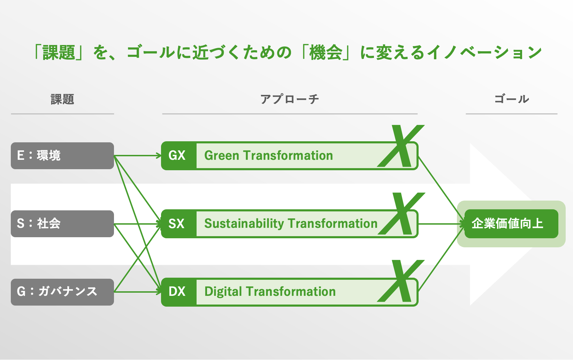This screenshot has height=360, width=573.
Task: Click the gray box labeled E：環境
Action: (x=62, y=156)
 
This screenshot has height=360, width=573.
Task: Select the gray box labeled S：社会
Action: (x=62, y=224)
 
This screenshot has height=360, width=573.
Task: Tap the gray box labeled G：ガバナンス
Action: (x=62, y=292)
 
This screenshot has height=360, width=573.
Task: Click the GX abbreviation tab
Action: (x=177, y=156)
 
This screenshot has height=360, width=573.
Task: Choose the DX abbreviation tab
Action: (x=177, y=292)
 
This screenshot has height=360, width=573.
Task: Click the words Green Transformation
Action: (x=268, y=156)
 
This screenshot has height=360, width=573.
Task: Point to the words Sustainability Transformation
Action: (x=291, y=224)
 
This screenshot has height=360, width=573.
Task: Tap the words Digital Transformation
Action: (x=270, y=292)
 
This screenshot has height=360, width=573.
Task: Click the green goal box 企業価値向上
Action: (x=511, y=224)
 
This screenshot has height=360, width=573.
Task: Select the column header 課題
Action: (x=62, y=99)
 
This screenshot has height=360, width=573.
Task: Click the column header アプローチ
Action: (x=290, y=99)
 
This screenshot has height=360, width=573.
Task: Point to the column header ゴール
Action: (x=512, y=99)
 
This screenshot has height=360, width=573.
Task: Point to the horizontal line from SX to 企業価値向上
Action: (x=440, y=224)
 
